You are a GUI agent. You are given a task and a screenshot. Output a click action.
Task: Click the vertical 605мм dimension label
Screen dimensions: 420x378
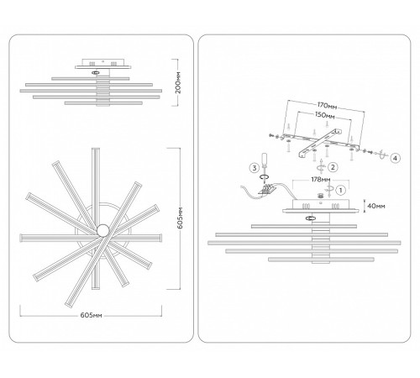180,218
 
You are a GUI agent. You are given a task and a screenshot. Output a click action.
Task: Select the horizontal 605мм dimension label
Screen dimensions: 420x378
92,315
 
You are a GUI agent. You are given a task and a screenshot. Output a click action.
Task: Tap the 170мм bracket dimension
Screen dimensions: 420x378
327,106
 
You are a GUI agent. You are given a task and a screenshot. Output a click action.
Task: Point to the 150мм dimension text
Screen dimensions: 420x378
324,115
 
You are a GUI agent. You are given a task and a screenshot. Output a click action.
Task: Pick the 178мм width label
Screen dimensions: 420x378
321,180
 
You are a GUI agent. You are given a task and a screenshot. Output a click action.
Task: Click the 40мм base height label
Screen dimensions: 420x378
376,206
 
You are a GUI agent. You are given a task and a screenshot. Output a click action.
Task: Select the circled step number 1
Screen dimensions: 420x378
340,191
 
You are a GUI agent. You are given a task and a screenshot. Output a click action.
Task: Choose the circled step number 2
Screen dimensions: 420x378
333,167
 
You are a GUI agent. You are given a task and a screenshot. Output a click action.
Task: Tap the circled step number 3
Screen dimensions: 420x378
255,168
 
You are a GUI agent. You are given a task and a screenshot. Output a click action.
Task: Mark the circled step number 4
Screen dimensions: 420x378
395,158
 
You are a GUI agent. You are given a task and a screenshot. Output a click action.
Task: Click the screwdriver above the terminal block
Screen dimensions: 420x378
264,167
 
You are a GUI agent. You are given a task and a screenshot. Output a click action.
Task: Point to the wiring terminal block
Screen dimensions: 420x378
267,189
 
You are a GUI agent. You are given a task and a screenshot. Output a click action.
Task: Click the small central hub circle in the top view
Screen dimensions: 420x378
102,230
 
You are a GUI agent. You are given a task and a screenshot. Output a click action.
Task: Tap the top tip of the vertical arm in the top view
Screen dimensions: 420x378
96,148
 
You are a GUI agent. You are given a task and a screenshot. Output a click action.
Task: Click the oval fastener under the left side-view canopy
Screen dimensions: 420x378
95,72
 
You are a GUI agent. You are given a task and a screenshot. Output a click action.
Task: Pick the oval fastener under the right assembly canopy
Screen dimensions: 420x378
310,218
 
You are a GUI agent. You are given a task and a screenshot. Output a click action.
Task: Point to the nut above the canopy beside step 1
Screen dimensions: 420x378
321,196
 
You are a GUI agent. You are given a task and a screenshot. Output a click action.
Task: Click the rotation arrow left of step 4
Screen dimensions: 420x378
381,155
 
